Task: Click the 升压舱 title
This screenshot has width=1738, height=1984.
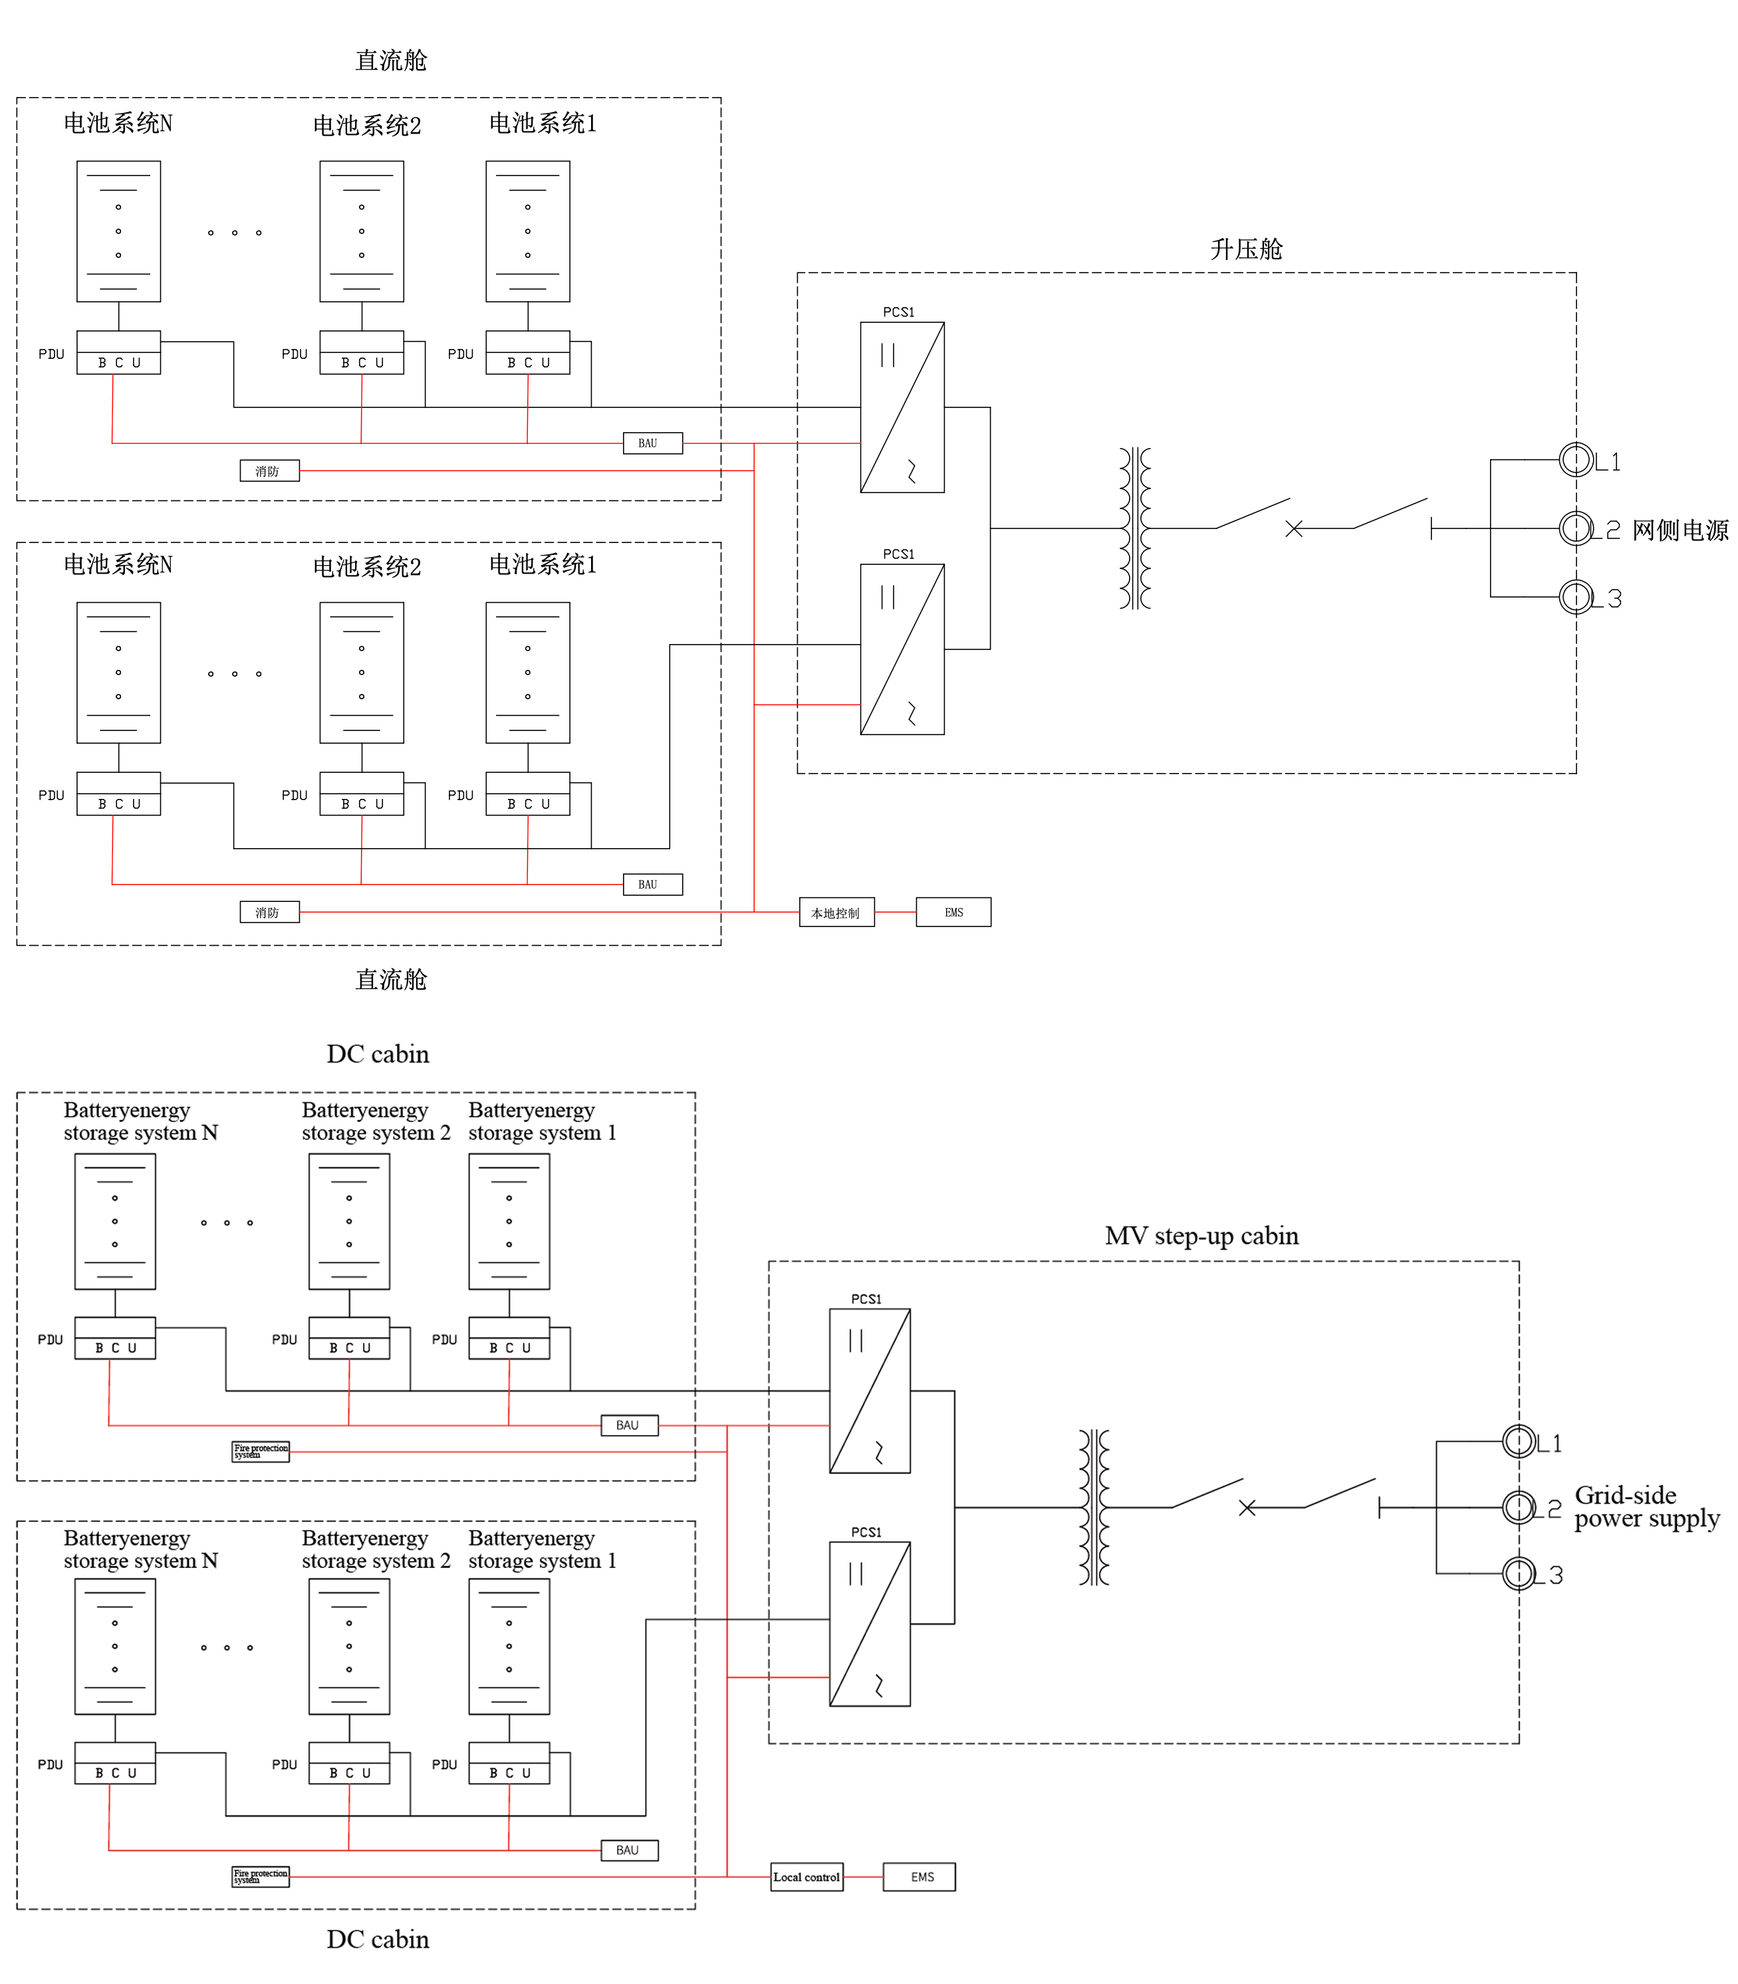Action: coord(1245,249)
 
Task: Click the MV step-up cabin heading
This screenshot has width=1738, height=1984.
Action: coord(1201,1236)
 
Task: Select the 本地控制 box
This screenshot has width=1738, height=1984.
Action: coord(836,913)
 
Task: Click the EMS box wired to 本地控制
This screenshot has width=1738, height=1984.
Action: coord(953,913)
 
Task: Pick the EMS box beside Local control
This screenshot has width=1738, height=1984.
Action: coord(918,1876)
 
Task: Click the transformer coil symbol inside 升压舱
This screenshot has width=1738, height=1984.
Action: coord(1135,528)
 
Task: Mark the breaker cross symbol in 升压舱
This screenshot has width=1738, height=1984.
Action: coord(1294,528)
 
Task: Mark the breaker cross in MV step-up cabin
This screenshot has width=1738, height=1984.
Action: coord(1247,1508)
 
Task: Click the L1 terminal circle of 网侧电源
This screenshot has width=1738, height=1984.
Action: coord(1576,460)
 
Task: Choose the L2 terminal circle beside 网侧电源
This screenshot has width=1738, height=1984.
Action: coord(1576,528)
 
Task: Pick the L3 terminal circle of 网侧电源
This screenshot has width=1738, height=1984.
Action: coord(1576,596)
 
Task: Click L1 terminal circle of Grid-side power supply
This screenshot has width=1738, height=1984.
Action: coord(1519,1441)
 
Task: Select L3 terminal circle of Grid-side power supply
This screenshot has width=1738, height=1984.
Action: coord(1519,1573)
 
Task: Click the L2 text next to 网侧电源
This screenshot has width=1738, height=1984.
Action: coord(1607,530)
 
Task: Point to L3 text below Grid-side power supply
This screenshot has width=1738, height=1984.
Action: coord(1549,1575)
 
